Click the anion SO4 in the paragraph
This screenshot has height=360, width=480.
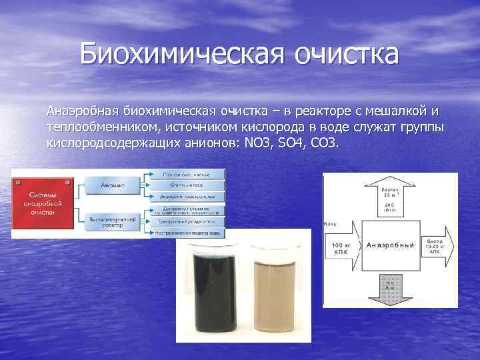point(295,143)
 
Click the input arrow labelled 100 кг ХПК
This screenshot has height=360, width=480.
point(341,250)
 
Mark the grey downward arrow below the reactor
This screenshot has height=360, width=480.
point(390,287)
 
